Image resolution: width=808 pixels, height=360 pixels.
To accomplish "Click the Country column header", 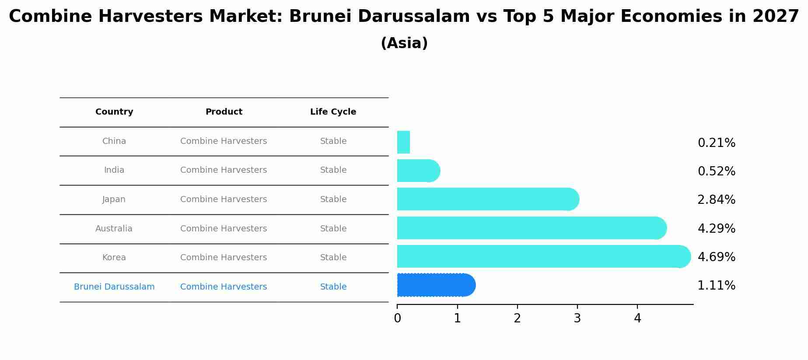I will (114, 112).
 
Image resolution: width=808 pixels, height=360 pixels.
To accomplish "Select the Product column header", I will (224, 112).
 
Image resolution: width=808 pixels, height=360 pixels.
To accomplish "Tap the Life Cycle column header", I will (333, 112).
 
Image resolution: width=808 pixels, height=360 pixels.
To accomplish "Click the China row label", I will (114, 141).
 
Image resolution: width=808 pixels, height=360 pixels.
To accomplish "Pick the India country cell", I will (114, 170).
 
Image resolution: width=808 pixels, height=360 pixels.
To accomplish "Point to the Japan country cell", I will (114, 199).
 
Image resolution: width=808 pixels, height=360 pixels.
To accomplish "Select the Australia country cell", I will (114, 229).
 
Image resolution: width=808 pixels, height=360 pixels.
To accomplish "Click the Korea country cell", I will (114, 258).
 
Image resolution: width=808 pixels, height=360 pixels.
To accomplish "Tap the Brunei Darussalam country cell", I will (114, 287).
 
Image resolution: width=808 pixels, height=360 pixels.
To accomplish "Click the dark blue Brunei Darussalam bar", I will (435, 285).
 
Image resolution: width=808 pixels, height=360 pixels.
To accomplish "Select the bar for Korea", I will (542, 256).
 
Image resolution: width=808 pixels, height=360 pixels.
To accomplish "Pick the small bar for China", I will (403, 142).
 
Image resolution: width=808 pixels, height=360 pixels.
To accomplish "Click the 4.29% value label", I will (716, 228).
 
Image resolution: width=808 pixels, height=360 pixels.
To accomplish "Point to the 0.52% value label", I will (716, 171).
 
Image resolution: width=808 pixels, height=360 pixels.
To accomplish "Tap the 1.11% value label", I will (716, 286).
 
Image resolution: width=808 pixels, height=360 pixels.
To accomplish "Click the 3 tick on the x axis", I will (577, 318).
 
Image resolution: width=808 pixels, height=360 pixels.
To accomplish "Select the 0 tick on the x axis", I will (397, 318).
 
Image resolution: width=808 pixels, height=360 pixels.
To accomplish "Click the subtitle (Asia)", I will (404, 43).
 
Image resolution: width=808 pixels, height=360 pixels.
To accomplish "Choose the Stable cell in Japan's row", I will (333, 199).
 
